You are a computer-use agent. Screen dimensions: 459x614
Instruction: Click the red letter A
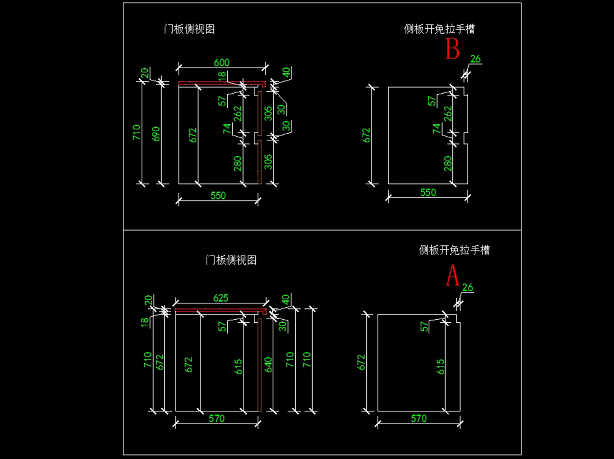point(452,276)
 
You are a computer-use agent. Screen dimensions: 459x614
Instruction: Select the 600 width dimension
point(222,62)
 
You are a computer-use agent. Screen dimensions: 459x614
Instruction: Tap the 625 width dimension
point(221,298)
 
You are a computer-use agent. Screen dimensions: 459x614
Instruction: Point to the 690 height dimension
point(157,133)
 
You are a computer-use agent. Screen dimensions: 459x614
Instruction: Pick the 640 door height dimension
point(268,364)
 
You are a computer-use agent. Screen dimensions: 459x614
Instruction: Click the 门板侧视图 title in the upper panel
point(189,29)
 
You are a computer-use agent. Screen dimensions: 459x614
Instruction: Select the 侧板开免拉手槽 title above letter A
point(454,250)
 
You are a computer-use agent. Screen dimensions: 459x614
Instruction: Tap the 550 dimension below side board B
point(428,192)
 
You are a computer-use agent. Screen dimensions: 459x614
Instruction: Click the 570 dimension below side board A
point(419,419)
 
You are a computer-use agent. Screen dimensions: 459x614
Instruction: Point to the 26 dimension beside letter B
point(475,59)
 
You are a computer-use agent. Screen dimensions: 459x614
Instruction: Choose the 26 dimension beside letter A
point(468,287)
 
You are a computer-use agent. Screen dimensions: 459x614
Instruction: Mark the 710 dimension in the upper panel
point(136,133)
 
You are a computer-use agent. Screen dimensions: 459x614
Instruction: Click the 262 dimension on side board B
point(448,112)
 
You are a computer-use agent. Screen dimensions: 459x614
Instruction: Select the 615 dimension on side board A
point(441,366)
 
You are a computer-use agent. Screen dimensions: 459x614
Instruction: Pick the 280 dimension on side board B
point(448,163)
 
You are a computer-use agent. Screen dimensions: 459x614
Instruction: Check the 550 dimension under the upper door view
point(217,195)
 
